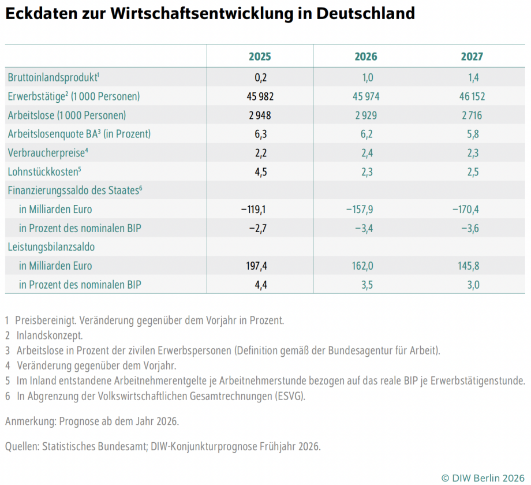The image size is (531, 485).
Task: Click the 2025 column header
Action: (260, 57)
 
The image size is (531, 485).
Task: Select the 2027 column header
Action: (472, 57)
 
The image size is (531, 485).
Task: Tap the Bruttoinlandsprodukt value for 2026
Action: (366, 77)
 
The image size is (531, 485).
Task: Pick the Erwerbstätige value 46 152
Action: (472, 96)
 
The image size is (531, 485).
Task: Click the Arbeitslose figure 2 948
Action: (260, 115)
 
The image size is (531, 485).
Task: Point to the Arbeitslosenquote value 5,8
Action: (472, 134)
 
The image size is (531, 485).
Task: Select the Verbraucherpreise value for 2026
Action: (366, 153)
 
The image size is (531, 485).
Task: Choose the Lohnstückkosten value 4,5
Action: (260, 171)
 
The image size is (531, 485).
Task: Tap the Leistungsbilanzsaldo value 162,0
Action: (366, 266)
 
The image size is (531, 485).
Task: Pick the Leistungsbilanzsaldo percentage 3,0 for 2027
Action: (472, 285)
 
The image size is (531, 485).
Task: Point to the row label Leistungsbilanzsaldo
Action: (51, 247)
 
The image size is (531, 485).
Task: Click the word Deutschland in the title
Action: (367, 13)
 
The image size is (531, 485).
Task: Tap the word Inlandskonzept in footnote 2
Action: (50, 335)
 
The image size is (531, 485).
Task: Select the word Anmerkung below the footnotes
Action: (29, 421)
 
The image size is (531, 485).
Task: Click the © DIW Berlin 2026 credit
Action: (483, 477)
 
